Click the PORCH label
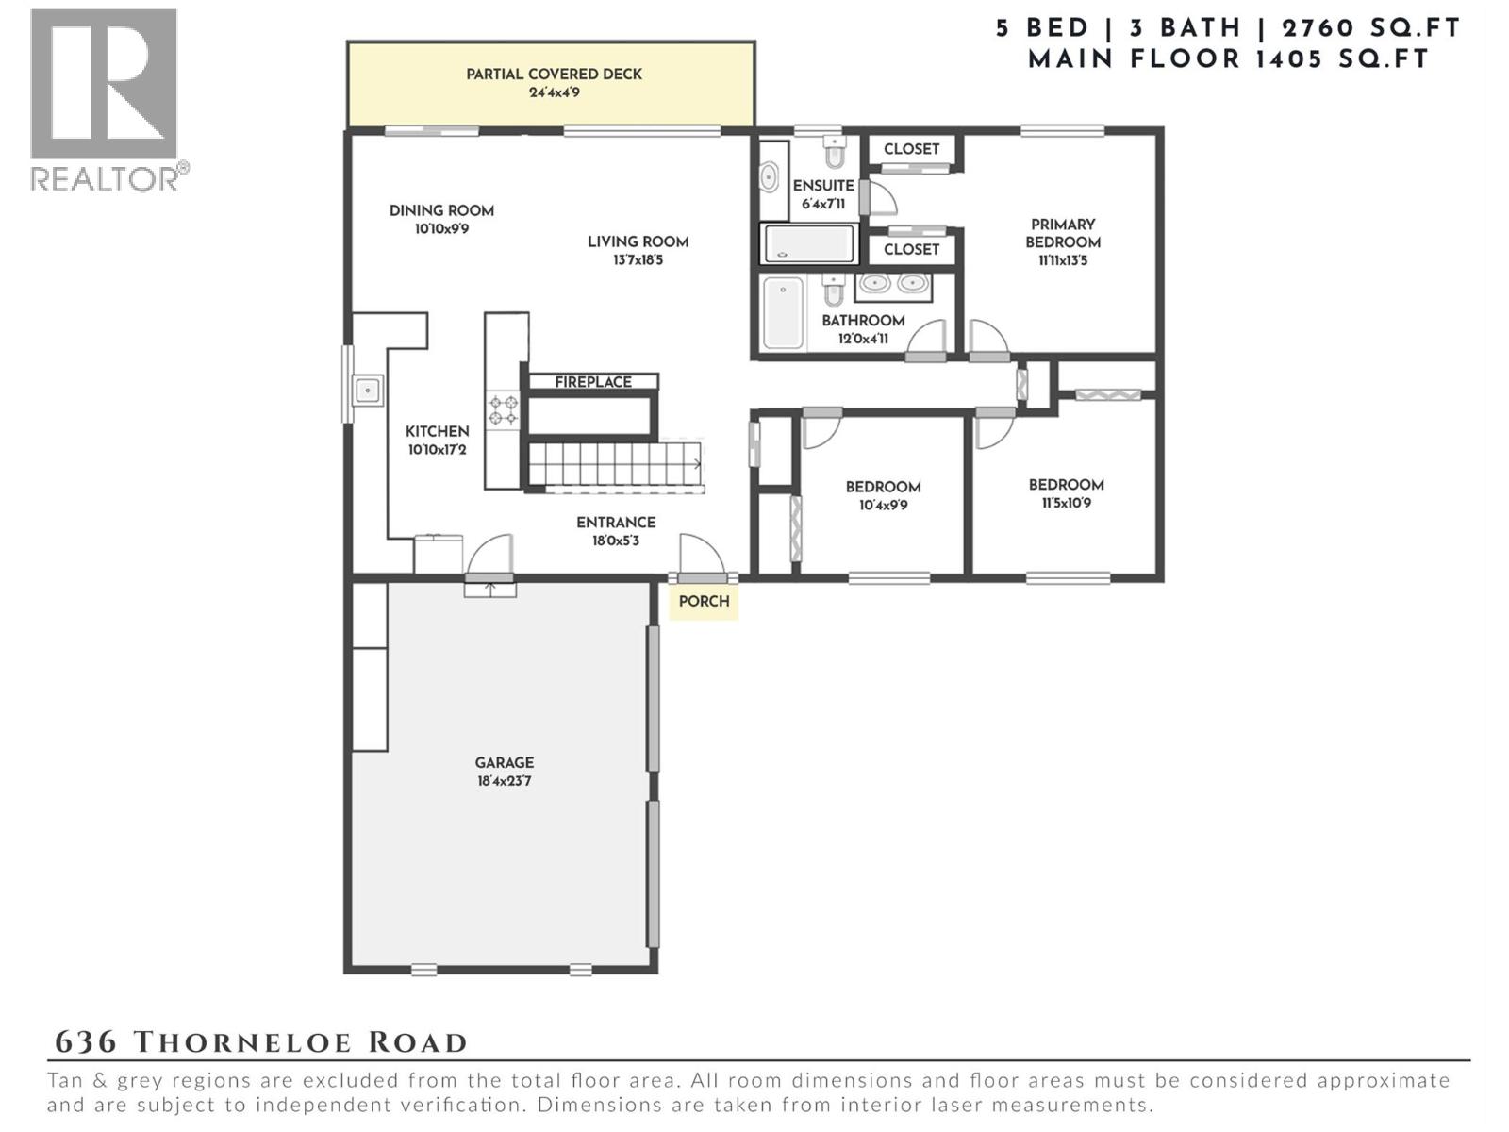click(704, 602)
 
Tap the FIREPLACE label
click(592, 382)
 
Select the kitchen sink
click(368, 391)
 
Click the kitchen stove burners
click(503, 410)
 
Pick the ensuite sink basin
click(769, 177)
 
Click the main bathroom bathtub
click(783, 313)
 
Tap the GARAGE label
click(504, 763)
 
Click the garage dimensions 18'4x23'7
click(504, 781)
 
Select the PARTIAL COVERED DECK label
click(554, 75)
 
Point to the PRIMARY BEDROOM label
click(1063, 234)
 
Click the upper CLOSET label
click(911, 149)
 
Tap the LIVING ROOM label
click(638, 241)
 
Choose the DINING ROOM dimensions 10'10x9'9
click(441, 229)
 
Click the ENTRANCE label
click(615, 523)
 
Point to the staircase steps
click(615, 464)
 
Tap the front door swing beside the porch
click(702, 553)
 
